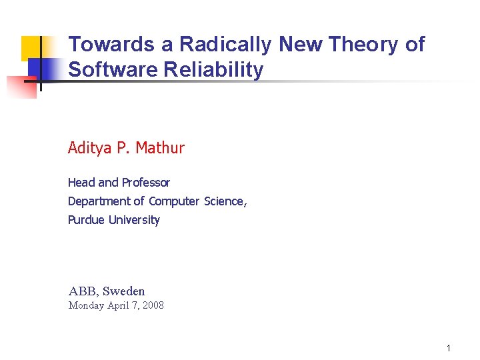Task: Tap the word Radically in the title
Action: (x=226, y=45)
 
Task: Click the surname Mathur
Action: (x=160, y=148)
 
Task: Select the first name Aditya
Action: (x=89, y=148)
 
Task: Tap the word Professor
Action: (x=145, y=183)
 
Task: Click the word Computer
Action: (x=174, y=201)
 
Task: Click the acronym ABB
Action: (x=83, y=291)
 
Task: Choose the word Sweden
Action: (x=123, y=291)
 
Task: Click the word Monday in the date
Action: (x=87, y=306)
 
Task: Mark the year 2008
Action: (x=151, y=306)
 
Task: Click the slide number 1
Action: (x=449, y=348)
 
